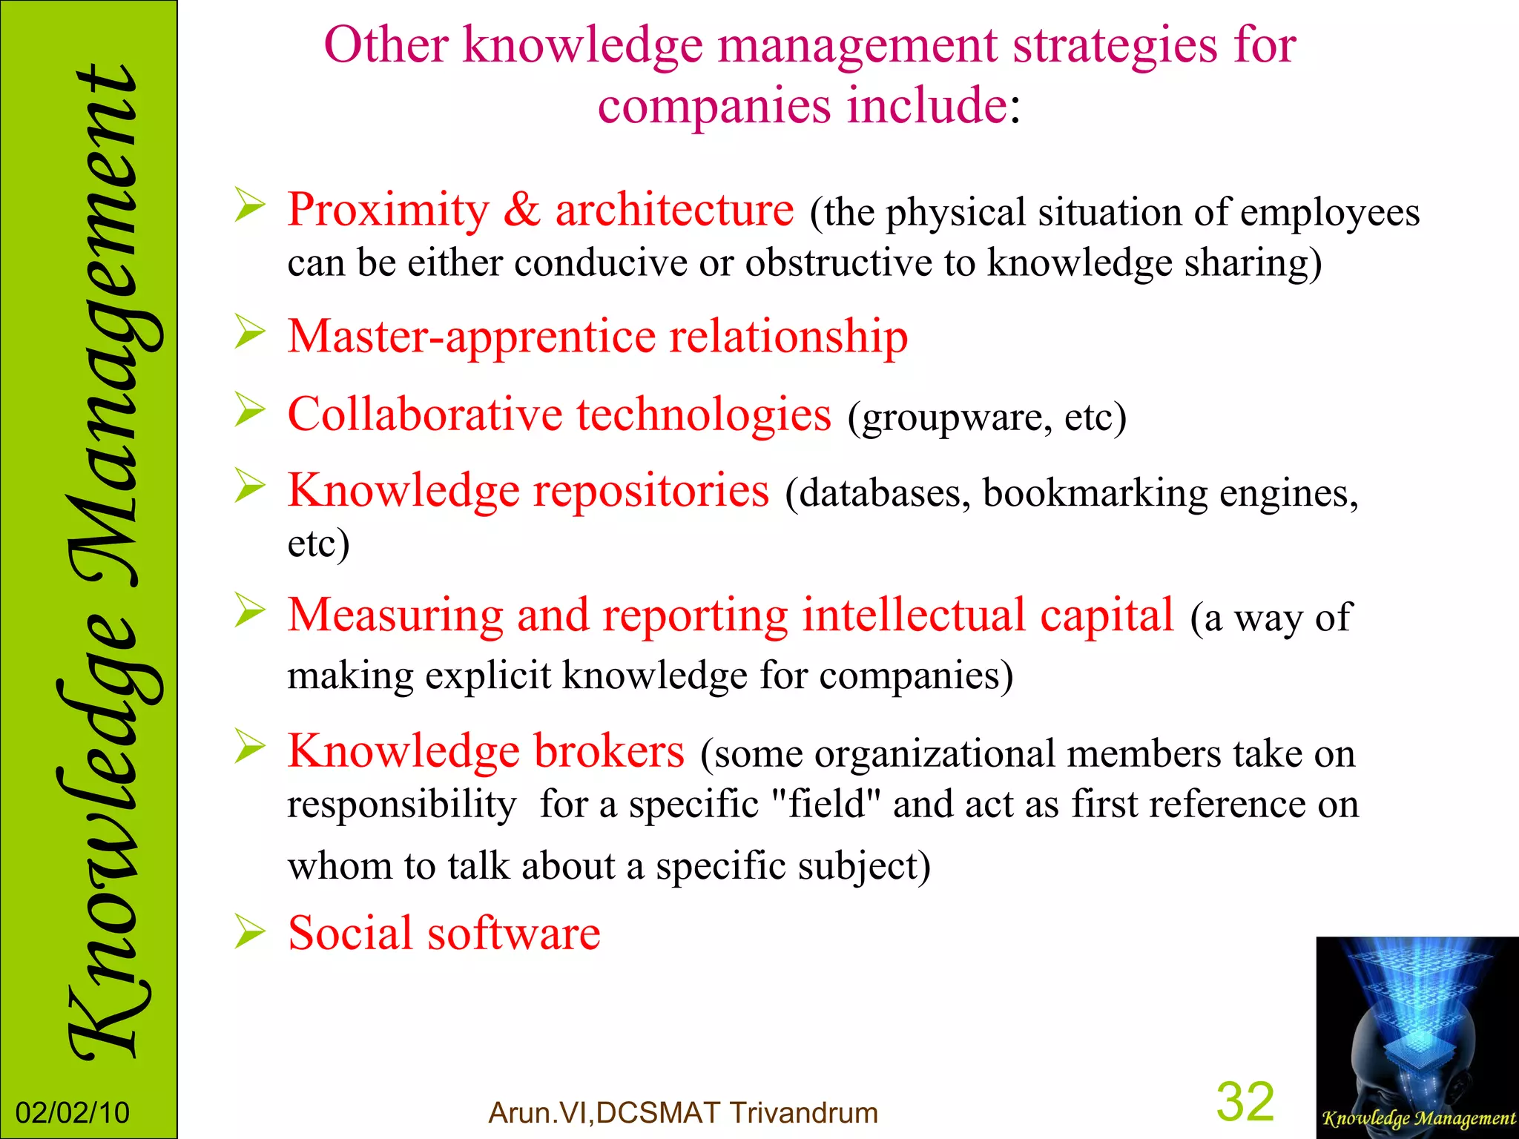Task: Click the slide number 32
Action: point(1245,1102)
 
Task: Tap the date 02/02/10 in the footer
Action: point(73,1113)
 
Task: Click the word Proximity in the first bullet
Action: point(389,211)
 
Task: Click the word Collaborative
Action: point(425,415)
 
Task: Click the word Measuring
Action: point(395,615)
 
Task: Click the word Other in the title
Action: point(386,46)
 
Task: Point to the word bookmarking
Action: point(1095,494)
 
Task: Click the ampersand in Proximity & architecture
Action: point(522,211)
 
